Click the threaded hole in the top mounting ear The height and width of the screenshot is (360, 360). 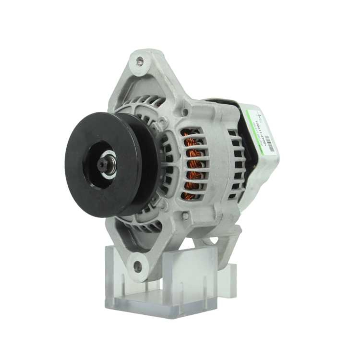(x=140, y=62)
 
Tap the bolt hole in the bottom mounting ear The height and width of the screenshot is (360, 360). (x=138, y=267)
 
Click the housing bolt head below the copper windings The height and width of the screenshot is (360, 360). (x=185, y=216)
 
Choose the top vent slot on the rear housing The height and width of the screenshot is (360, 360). (x=232, y=133)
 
